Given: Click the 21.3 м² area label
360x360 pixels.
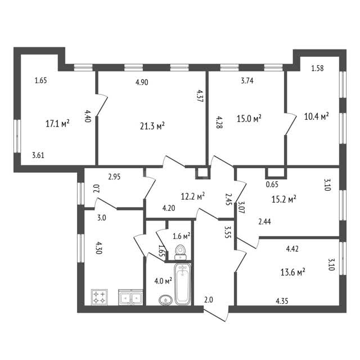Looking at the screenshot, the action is (152, 126).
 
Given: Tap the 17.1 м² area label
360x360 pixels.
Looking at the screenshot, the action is (57, 124).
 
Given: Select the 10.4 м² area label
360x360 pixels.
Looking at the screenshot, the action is (316, 116).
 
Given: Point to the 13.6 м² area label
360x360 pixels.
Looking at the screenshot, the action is (292, 272).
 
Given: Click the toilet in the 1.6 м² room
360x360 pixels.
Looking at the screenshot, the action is (180, 253).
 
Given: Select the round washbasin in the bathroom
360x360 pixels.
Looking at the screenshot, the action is (165, 300).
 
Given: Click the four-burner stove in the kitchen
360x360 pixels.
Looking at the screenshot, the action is (100, 297).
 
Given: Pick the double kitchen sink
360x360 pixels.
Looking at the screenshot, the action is (130, 298).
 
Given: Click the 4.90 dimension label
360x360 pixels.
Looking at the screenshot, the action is (142, 82).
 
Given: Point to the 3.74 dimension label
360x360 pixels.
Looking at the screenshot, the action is (247, 81).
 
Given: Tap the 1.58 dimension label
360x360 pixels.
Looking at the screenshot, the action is (317, 69).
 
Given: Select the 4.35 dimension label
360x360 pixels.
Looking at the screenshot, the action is (282, 301).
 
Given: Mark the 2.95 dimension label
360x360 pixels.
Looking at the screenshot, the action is (114, 177).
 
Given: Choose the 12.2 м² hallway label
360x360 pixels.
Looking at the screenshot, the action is (193, 197).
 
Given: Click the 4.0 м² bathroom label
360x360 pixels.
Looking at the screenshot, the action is (163, 281).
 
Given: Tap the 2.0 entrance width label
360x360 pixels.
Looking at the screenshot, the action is (209, 300).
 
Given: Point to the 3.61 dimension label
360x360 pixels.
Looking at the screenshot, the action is (38, 155).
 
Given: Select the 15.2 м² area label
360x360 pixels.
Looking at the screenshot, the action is (284, 199).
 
